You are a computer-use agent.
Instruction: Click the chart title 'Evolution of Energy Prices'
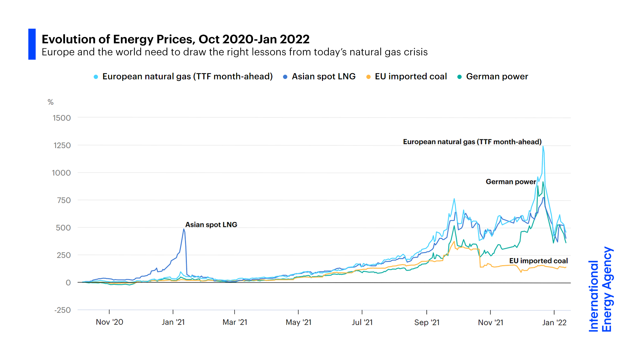pos(175,39)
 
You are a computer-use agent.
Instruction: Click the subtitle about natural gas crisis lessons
pos(234,52)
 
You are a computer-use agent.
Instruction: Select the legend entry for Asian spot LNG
pos(323,77)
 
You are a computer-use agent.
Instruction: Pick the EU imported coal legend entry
pos(410,77)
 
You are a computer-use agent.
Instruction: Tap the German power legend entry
pos(497,77)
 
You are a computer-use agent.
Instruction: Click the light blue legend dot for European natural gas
pos(96,77)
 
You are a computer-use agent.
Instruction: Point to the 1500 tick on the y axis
pos(62,118)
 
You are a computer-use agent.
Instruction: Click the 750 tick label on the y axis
pos(64,200)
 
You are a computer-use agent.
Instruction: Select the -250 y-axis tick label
pos(62,310)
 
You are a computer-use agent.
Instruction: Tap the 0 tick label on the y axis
pos(68,283)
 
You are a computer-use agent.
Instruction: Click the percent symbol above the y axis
pos(50,102)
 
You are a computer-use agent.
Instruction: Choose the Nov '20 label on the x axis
pos(109,322)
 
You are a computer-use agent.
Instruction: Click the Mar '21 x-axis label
pos(235,322)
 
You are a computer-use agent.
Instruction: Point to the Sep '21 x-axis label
pos(427,322)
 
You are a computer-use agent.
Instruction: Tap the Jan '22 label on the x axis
pos(554,322)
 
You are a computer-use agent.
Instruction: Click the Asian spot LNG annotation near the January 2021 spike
pos(211,225)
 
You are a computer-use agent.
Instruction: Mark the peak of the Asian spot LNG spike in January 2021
pos(184,229)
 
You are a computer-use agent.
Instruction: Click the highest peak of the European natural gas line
pos(543,146)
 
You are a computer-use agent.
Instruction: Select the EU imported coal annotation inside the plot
pos(538,261)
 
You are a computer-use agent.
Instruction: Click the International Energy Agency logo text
pos(600,289)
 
